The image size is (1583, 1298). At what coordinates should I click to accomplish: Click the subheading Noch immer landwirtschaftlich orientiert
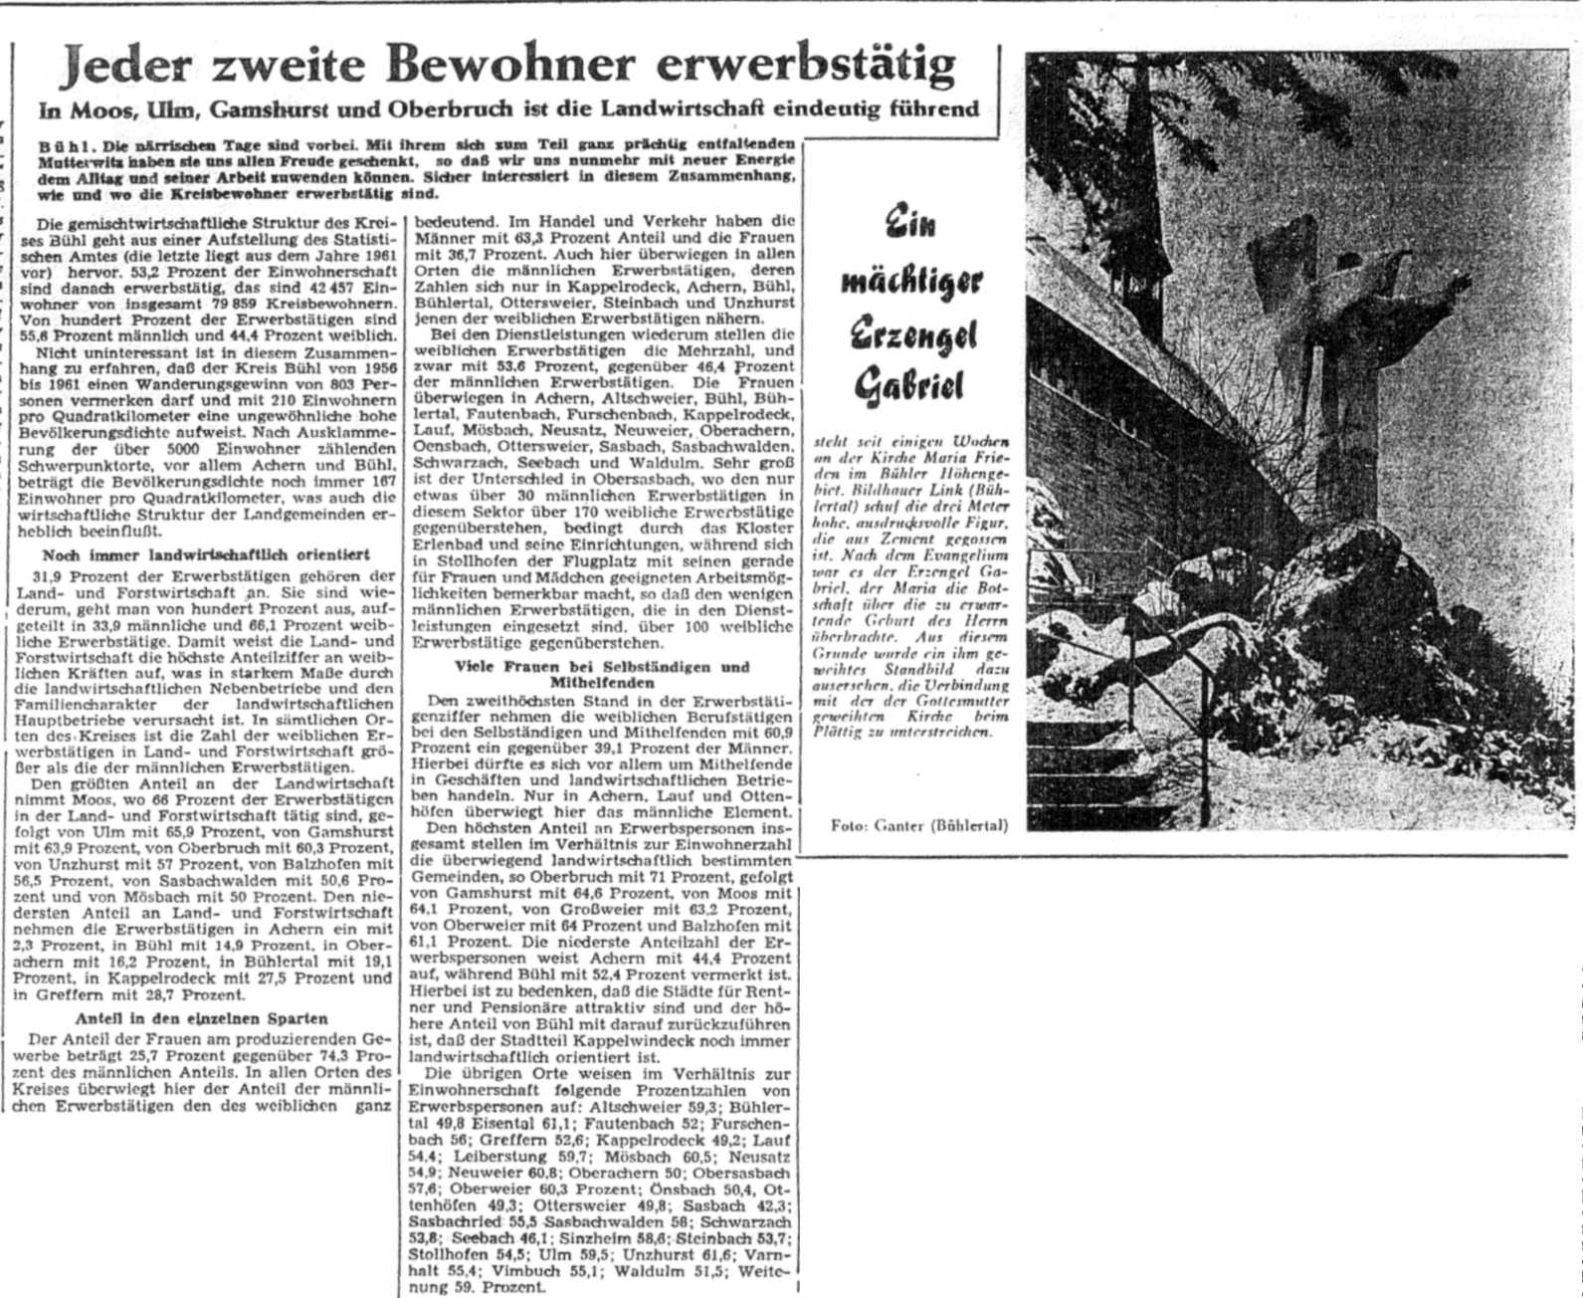[x=206, y=554]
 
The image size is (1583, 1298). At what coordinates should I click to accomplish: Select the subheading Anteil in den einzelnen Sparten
[x=201, y=1018]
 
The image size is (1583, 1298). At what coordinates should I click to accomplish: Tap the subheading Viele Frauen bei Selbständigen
[x=602, y=666]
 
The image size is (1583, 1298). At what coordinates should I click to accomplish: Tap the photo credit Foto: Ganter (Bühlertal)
[x=918, y=825]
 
